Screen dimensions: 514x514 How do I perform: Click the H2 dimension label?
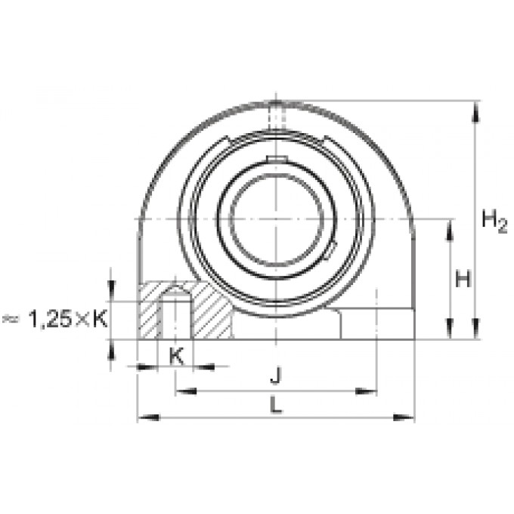[x=494, y=221]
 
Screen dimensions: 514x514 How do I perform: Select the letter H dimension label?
[x=463, y=279]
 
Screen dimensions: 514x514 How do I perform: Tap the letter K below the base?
[x=176, y=356]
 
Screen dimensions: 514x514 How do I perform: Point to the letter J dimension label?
[x=276, y=376]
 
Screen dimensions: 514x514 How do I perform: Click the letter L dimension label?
[x=276, y=404]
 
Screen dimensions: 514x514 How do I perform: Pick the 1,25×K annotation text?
[x=68, y=319]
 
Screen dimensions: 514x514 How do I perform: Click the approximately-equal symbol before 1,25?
[x=11, y=319]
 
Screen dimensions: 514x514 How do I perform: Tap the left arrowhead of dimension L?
[x=148, y=417]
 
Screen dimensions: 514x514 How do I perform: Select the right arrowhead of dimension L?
[x=404, y=417]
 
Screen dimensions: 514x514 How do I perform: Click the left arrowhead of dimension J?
[x=186, y=391]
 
